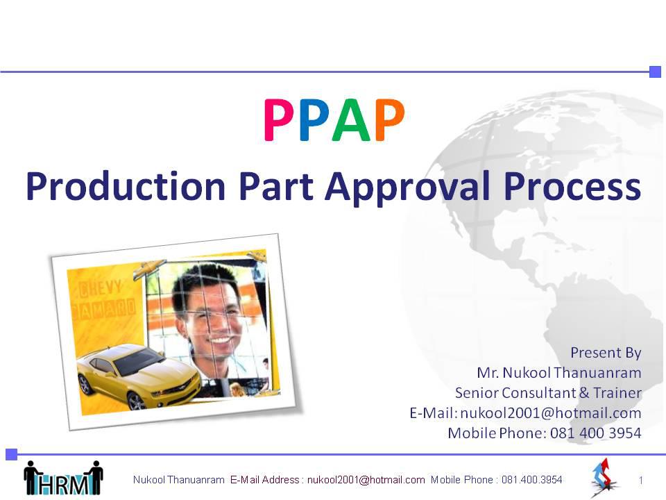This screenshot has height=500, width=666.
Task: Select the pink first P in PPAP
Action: (x=279, y=120)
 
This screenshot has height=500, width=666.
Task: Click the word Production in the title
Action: (x=126, y=186)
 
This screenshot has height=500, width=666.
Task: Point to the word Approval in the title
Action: (x=408, y=188)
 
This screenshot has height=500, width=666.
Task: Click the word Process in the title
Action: (x=572, y=187)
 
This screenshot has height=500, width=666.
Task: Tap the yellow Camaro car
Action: (x=137, y=376)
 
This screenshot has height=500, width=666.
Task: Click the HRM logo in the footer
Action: (x=63, y=478)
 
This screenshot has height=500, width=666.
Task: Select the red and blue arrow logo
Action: (x=604, y=477)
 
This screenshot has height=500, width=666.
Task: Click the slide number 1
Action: (x=640, y=481)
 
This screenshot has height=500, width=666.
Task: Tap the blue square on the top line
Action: (x=656, y=72)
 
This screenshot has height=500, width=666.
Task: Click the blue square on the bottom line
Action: (x=12, y=454)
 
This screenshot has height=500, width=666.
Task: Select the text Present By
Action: (x=606, y=353)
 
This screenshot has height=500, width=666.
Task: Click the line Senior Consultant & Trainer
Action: (x=548, y=392)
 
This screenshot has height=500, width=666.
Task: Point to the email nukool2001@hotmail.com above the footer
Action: (x=551, y=412)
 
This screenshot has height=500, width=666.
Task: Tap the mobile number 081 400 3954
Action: (x=595, y=433)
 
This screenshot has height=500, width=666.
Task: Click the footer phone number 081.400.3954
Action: (x=532, y=480)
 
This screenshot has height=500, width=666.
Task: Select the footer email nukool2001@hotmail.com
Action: (x=366, y=480)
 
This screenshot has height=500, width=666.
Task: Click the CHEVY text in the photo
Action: (x=100, y=289)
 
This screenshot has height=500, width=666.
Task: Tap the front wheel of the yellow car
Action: (x=136, y=401)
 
